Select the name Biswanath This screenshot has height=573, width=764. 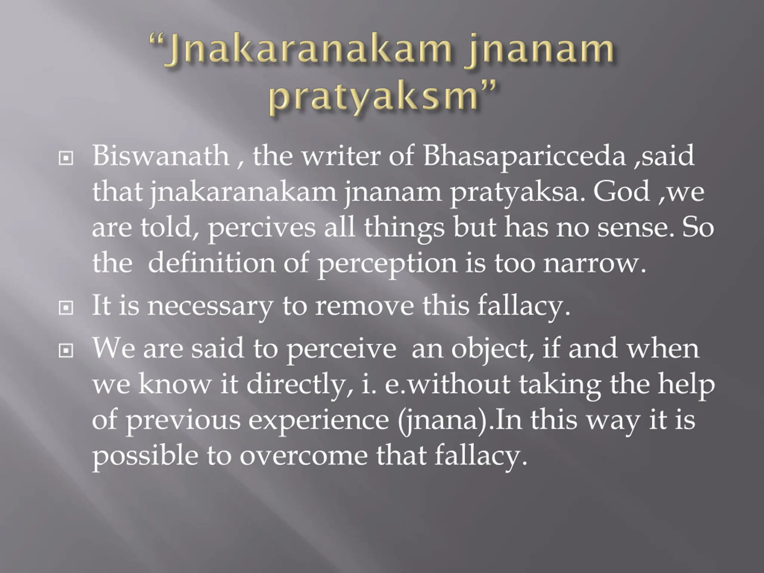coord(161,156)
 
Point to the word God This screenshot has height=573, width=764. coord(621,192)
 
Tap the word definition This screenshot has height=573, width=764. coord(211,263)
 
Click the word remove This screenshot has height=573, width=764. coord(365,306)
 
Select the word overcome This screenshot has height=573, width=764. coord(304,456)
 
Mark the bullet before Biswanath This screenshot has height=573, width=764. coord(66,158)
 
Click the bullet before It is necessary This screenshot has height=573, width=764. coord(66,308)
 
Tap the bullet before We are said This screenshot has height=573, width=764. coord(66,351)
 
